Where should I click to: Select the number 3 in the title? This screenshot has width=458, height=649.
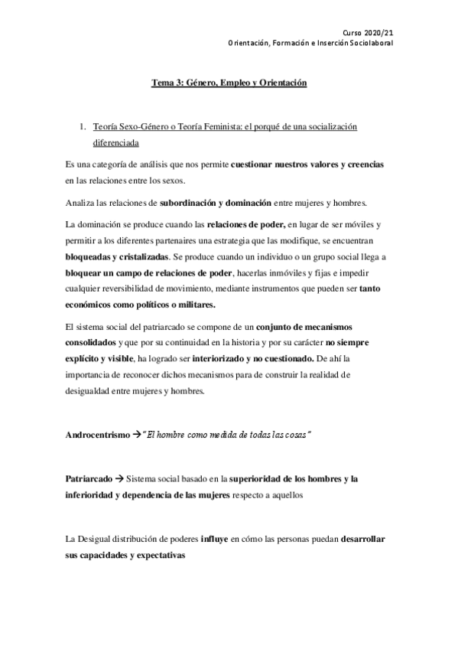[173, 82]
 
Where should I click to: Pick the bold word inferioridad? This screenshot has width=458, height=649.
[89, 496]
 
